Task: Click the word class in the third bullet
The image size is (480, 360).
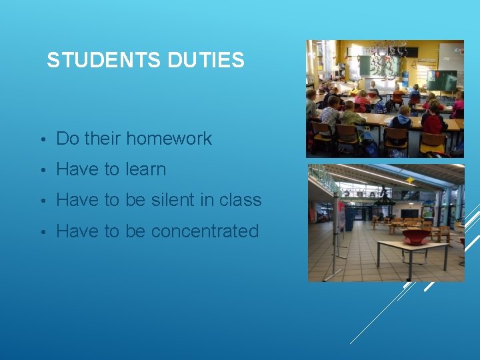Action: [241, 200]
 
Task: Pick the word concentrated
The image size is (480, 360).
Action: [205, 231]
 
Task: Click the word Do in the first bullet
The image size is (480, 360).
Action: [67, 139]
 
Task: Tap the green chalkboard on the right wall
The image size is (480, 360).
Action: [442, 80]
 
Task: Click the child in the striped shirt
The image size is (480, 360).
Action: [331, 115]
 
